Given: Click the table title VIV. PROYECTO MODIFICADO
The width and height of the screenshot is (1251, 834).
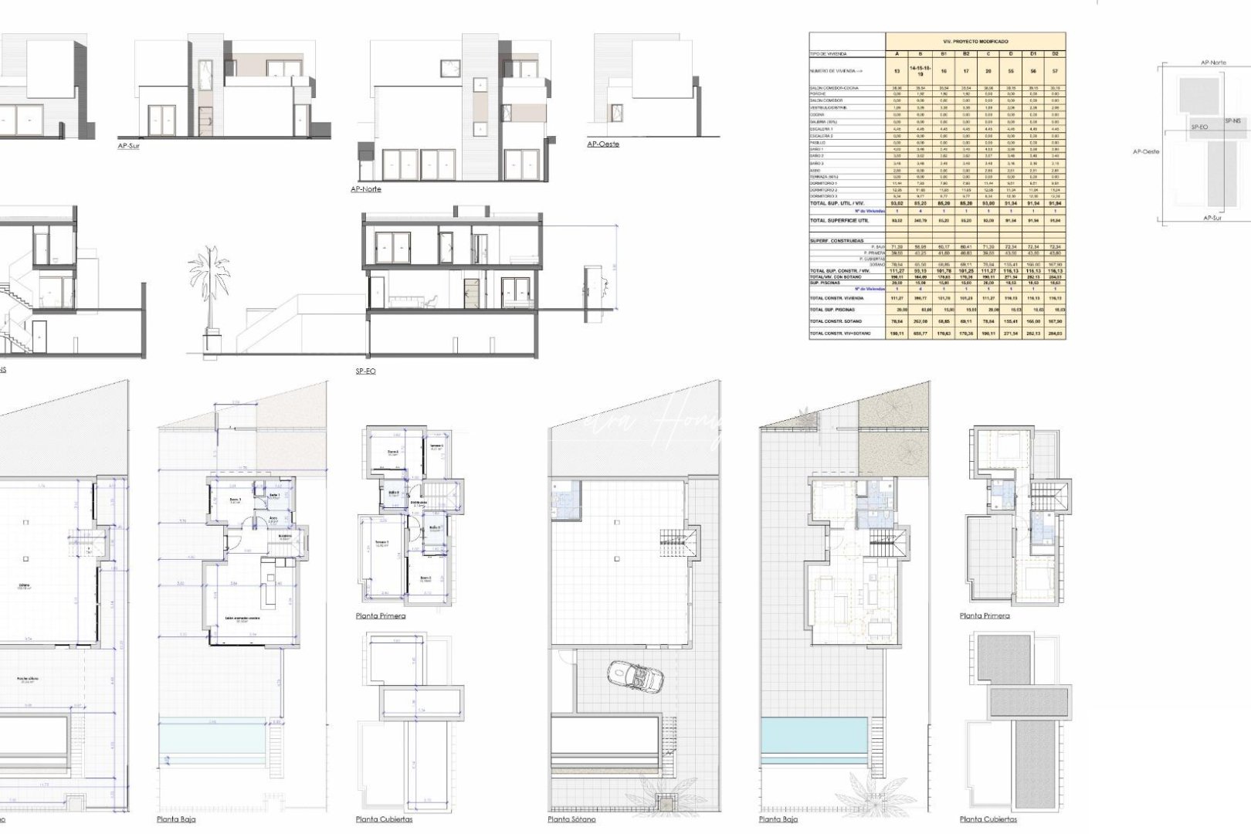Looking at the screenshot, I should (975, 41).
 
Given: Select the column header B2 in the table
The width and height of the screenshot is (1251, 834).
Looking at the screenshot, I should (966, 54).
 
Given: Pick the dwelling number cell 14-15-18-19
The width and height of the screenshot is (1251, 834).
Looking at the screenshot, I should (919, 70).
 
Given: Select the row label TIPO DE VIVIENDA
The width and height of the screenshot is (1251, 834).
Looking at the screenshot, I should (828, 54).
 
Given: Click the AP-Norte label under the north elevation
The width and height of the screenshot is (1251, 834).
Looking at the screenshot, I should (365, 189).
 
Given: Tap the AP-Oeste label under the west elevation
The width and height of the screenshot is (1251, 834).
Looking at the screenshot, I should (602, 144).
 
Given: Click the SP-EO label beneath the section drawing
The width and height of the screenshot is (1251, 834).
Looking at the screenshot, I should (365, 371).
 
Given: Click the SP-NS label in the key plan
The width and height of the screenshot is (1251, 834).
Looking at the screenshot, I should (1233, 120).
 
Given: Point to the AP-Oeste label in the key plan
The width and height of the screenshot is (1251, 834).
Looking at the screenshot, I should (1146, 152).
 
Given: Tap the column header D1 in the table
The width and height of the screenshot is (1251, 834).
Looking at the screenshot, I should (1034, 54).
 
